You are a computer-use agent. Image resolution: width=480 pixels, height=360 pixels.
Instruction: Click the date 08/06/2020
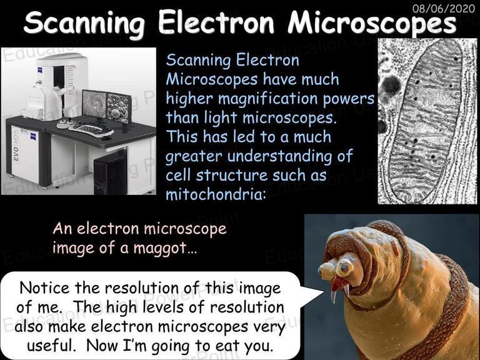[x=443, y=8]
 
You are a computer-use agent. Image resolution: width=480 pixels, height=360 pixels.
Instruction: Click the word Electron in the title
[x=216, y=22]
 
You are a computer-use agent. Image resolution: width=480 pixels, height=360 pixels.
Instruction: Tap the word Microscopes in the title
[x=372, y=23]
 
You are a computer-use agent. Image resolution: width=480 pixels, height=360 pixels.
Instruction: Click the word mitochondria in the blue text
[x=214, y=194]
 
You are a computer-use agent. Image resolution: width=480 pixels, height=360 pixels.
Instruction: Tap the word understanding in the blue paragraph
[x=280, y=156]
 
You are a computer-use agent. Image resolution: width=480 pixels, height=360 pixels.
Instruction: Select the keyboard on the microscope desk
[x=91, y=129]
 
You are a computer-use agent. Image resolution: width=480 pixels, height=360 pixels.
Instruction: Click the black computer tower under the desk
[x=111, y=174]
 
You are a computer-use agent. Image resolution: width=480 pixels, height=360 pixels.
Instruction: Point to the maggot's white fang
[x=333, y=296]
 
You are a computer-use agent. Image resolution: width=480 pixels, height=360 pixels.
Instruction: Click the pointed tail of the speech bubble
[x=323, y=292]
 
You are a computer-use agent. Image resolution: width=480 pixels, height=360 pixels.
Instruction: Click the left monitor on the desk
[x=94, y=104]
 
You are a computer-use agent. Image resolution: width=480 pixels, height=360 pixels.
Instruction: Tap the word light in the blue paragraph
[x=221, y=118]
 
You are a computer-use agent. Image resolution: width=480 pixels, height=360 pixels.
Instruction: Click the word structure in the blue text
[x=232, y=176]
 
